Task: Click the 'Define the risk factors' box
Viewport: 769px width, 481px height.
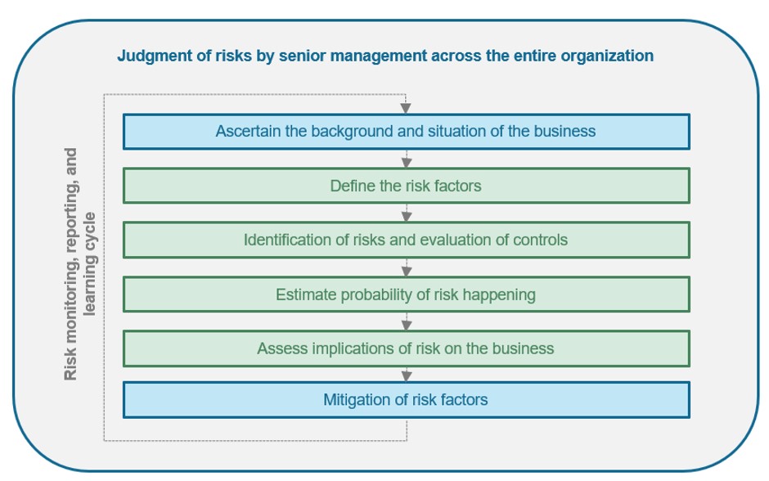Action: click(x=406, y=186)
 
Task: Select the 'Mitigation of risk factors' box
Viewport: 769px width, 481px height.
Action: click(x=406, y=400)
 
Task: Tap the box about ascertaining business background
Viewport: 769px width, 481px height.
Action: click(x=406, y=132)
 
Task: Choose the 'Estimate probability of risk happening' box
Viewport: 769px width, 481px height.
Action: click(x=406, y=294)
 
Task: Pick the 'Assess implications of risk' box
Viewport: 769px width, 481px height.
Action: click(x=406, y=348)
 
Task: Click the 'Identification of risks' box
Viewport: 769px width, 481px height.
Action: click(x=406, y=240)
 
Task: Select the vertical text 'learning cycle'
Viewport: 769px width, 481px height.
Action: click(x=91, y=263)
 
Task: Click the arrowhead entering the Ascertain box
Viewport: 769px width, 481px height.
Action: click(x=406, y=108)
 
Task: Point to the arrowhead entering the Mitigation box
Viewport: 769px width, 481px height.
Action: click(x=406, y=376)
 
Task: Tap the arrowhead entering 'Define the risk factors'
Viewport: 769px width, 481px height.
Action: click(x=406, y=163)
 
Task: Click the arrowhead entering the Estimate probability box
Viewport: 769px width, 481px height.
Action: click(x=406, y=271)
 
